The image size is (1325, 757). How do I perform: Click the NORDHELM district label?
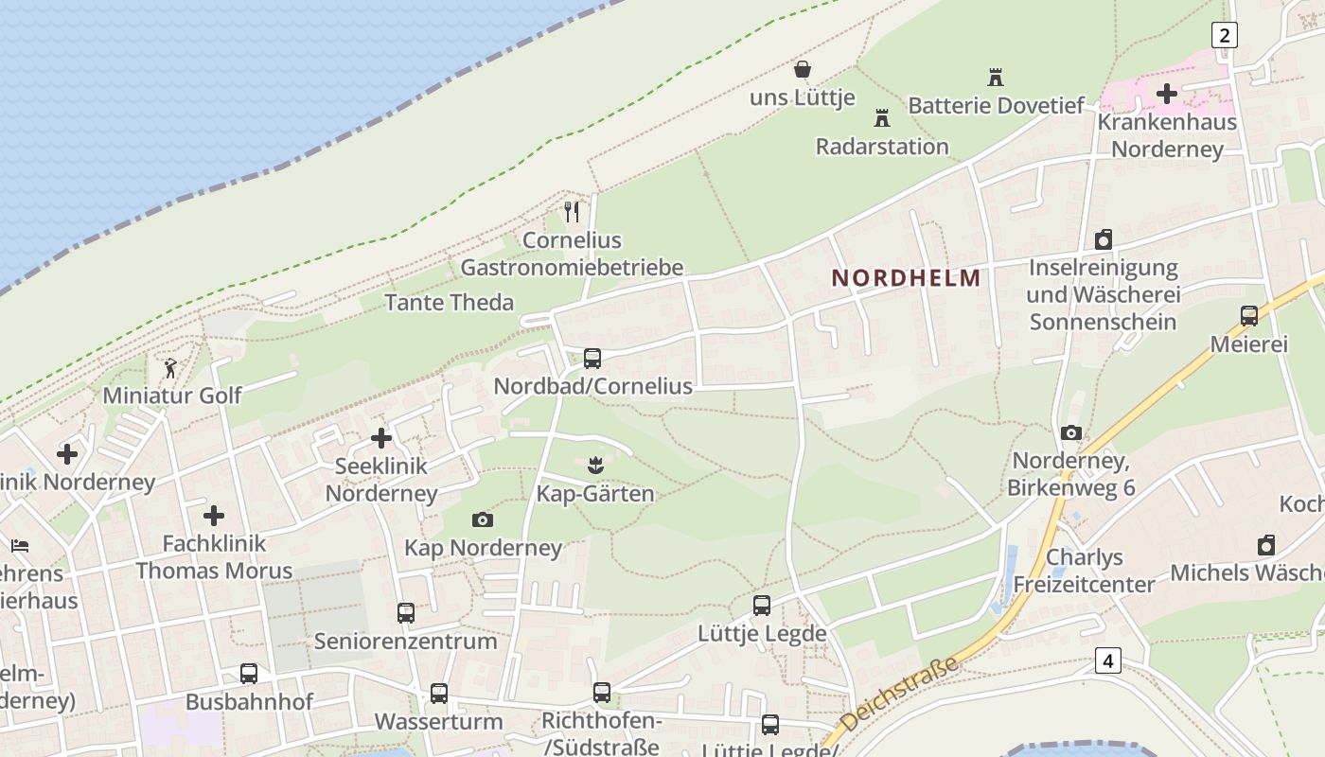tap(906, 278)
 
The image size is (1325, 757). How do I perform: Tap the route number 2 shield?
tap(1225, 36)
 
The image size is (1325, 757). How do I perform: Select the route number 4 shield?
tap(1107, 660)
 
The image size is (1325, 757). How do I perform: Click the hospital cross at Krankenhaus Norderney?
tap(1167, 93)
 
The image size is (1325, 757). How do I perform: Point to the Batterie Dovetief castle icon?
tap(995, 78)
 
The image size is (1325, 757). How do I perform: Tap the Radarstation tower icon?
tap(882, 118)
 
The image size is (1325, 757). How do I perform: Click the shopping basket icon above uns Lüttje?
tap(803, 69)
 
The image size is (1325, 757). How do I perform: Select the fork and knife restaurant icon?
tap(571, 212)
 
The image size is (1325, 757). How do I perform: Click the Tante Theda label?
tap(450, 303)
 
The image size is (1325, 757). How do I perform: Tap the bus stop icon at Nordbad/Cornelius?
tap(592, 358)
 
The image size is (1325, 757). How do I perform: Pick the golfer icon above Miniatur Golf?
tap(171, 367)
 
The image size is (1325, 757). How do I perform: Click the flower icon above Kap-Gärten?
tap(594, 466)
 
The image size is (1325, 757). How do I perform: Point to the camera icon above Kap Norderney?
tap(483, 519)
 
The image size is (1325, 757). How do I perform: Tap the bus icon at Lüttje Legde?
tap(762, 606)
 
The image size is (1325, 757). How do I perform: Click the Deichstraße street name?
tap(898, 696)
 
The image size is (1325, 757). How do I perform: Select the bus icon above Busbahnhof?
tap(249, 674)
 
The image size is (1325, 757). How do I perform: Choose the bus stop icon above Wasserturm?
tap(438, 693)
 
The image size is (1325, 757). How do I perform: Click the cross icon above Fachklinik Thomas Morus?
tap(214, 516)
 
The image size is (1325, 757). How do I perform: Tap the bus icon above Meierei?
tap(1249, 316)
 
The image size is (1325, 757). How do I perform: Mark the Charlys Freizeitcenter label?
tap(1085, 571)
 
